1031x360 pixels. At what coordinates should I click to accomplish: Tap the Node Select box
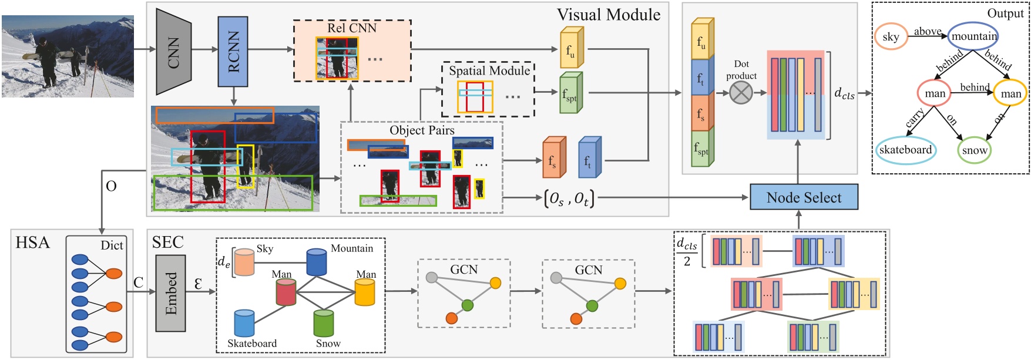click(804, 198)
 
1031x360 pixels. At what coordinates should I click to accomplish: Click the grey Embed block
click(170, 293)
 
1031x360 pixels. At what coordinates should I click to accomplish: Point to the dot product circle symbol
click(741, 93)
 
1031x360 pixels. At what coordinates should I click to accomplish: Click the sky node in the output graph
click(891, 37)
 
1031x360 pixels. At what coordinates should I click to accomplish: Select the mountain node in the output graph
click(973, 36)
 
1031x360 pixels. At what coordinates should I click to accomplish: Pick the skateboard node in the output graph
click(905, 150)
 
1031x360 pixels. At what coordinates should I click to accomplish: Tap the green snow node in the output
click(974, 150)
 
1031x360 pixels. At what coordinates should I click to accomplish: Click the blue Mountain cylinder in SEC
click(317, 263)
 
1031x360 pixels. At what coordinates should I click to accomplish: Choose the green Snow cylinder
click(324, 323)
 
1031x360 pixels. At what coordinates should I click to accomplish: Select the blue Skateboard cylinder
click(244, 324)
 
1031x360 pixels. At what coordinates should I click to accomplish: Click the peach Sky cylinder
click(244, 262)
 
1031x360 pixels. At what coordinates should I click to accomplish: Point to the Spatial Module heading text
click(489, 71)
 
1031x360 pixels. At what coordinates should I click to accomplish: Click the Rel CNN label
click(352, 28)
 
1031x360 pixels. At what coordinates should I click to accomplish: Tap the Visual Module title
click(608, 15)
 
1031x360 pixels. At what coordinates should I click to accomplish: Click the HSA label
click(32, 243)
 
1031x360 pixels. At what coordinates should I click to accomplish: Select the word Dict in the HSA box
click(112, 245)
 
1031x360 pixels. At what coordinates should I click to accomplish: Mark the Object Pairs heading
click(422, 130)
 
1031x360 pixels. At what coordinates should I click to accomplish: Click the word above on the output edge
click(927, 32)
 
